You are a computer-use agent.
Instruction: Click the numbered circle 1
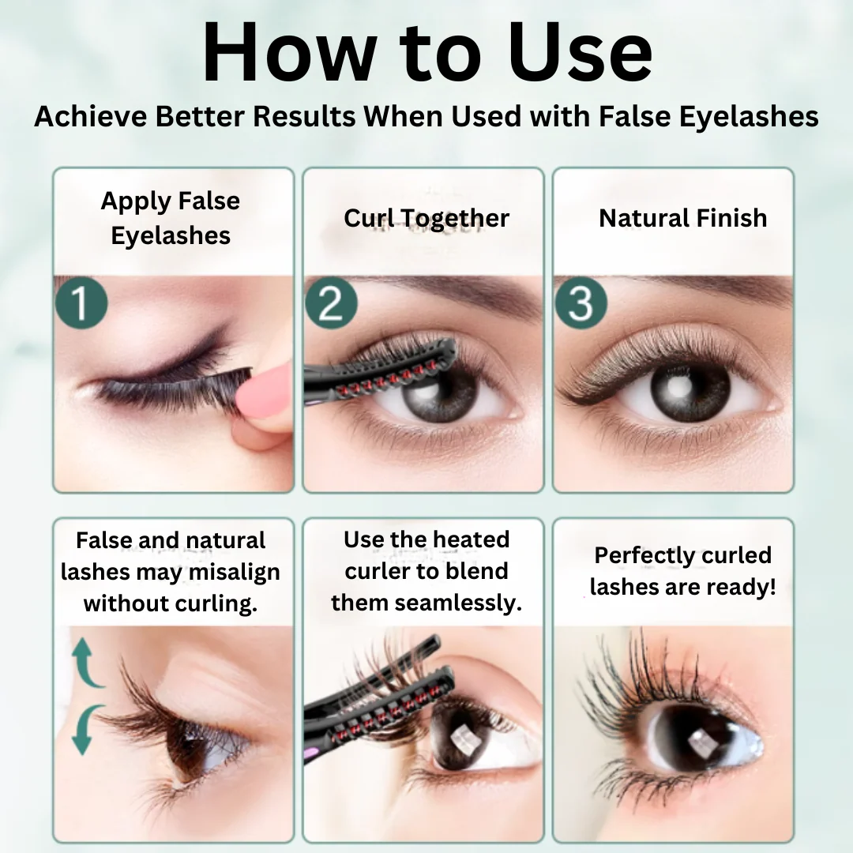pyautogui.click(x=81, y=303)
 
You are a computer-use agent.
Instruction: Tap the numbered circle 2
pyautogui.click(x=331, y=303)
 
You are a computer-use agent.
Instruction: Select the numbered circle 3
pyautogui.click(x=581, y=303)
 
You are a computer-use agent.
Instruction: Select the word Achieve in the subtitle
pyautogui.click(x=90, y=116)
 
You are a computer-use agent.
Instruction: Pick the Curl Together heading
pyautogui.click(x=426, y=218)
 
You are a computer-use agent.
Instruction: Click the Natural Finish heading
pyautogui.click(x=682, y=218)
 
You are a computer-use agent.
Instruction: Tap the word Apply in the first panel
pyautogui.click(x=136, y=202)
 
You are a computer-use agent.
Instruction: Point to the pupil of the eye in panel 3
pyautogui.click(x=690, y=388)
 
